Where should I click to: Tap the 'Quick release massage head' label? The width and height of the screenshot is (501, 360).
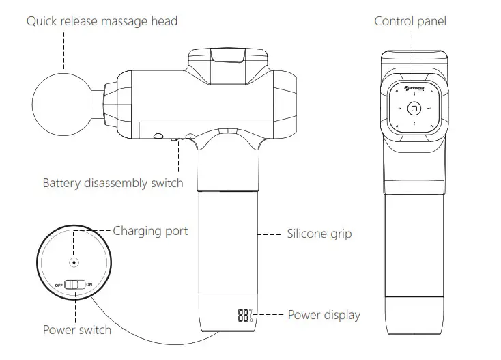coord(102,21)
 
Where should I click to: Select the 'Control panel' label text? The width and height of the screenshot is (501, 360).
coord(410,21)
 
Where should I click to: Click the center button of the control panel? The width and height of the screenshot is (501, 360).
coord(413,108)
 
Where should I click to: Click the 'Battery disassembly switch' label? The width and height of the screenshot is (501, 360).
coord(113,182)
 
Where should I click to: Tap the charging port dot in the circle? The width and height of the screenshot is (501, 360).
coord(74,262)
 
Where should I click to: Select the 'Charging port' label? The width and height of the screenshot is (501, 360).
coord(150,231)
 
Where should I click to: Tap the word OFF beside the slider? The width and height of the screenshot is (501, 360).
coord(59,283)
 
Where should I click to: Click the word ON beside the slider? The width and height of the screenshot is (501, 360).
coord(89,283)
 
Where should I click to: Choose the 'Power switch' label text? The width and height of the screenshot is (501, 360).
coord(76,330)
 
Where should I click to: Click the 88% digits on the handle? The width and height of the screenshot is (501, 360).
coord(244,316)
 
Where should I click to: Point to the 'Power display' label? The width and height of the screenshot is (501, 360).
coord(324,315)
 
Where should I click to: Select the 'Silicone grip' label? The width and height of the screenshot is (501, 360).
coord(319,234)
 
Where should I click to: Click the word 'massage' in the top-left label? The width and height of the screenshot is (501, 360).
coord(122,21)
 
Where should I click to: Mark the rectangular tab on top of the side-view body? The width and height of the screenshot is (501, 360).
coord(229,55)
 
